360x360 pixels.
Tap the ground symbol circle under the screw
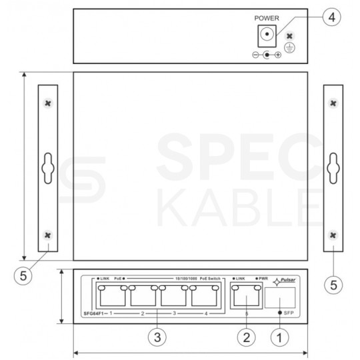coord(289,47)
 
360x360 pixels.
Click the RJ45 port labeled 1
coord(111,295)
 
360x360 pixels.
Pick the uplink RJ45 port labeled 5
coord(245,295)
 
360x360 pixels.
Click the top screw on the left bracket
coord(46,103)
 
